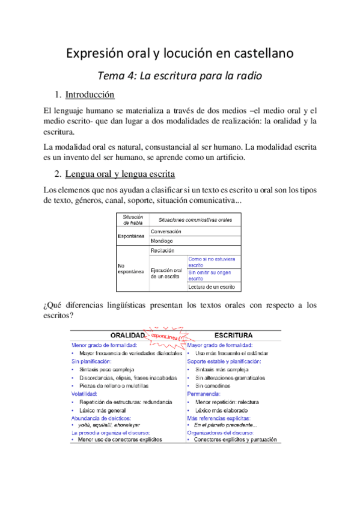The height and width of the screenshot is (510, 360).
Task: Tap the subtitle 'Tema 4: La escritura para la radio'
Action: tap(180, 76)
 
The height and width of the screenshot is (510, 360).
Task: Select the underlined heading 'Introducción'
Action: tap(90, 95)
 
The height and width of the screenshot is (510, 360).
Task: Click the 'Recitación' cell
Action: tap(163, 250)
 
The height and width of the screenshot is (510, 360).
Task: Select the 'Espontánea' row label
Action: tap(132, 235)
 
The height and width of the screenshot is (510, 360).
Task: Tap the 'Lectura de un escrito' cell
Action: tap(211, 287)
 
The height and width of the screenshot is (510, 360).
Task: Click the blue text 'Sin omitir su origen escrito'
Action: tap(210, 275)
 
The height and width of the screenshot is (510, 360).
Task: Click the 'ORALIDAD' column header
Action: tap(127, 335)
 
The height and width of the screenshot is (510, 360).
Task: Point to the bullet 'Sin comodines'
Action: tap(213, 386)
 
